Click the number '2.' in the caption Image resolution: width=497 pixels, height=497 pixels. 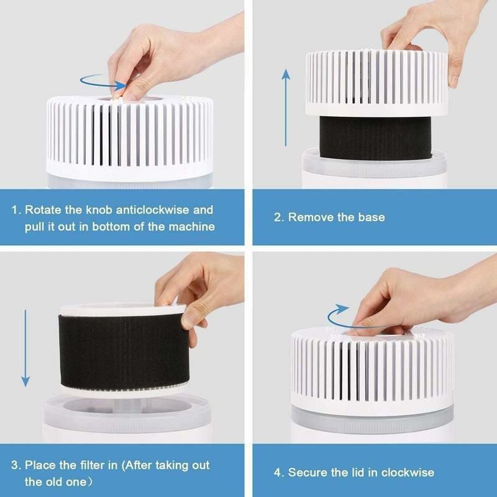[x=279, y=217]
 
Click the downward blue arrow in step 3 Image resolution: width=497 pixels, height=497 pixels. [x=25, y=348]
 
